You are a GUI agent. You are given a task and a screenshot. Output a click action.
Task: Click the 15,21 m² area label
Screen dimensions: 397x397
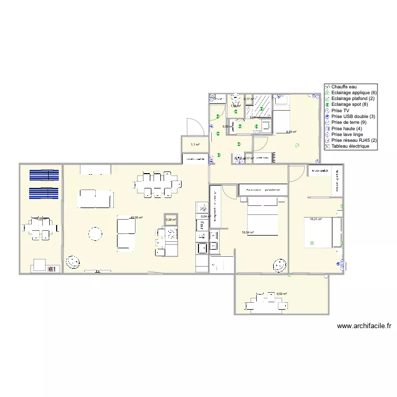tap(316, 219)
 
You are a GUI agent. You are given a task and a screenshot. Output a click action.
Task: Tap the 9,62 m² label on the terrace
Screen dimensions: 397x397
tap(282, 294)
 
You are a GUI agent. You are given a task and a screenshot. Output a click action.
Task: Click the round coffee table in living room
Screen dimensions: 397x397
tap(95, 233)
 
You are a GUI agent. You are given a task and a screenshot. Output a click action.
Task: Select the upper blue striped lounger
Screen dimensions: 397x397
tap(44, 176)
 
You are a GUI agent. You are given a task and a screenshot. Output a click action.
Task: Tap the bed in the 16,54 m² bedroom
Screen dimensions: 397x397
tap(263, 217)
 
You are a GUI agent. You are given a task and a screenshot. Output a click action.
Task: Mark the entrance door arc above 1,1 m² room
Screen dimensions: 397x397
tap(194, 127)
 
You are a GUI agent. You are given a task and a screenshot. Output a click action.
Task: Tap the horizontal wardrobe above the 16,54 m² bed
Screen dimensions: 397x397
tap(263, 189)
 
